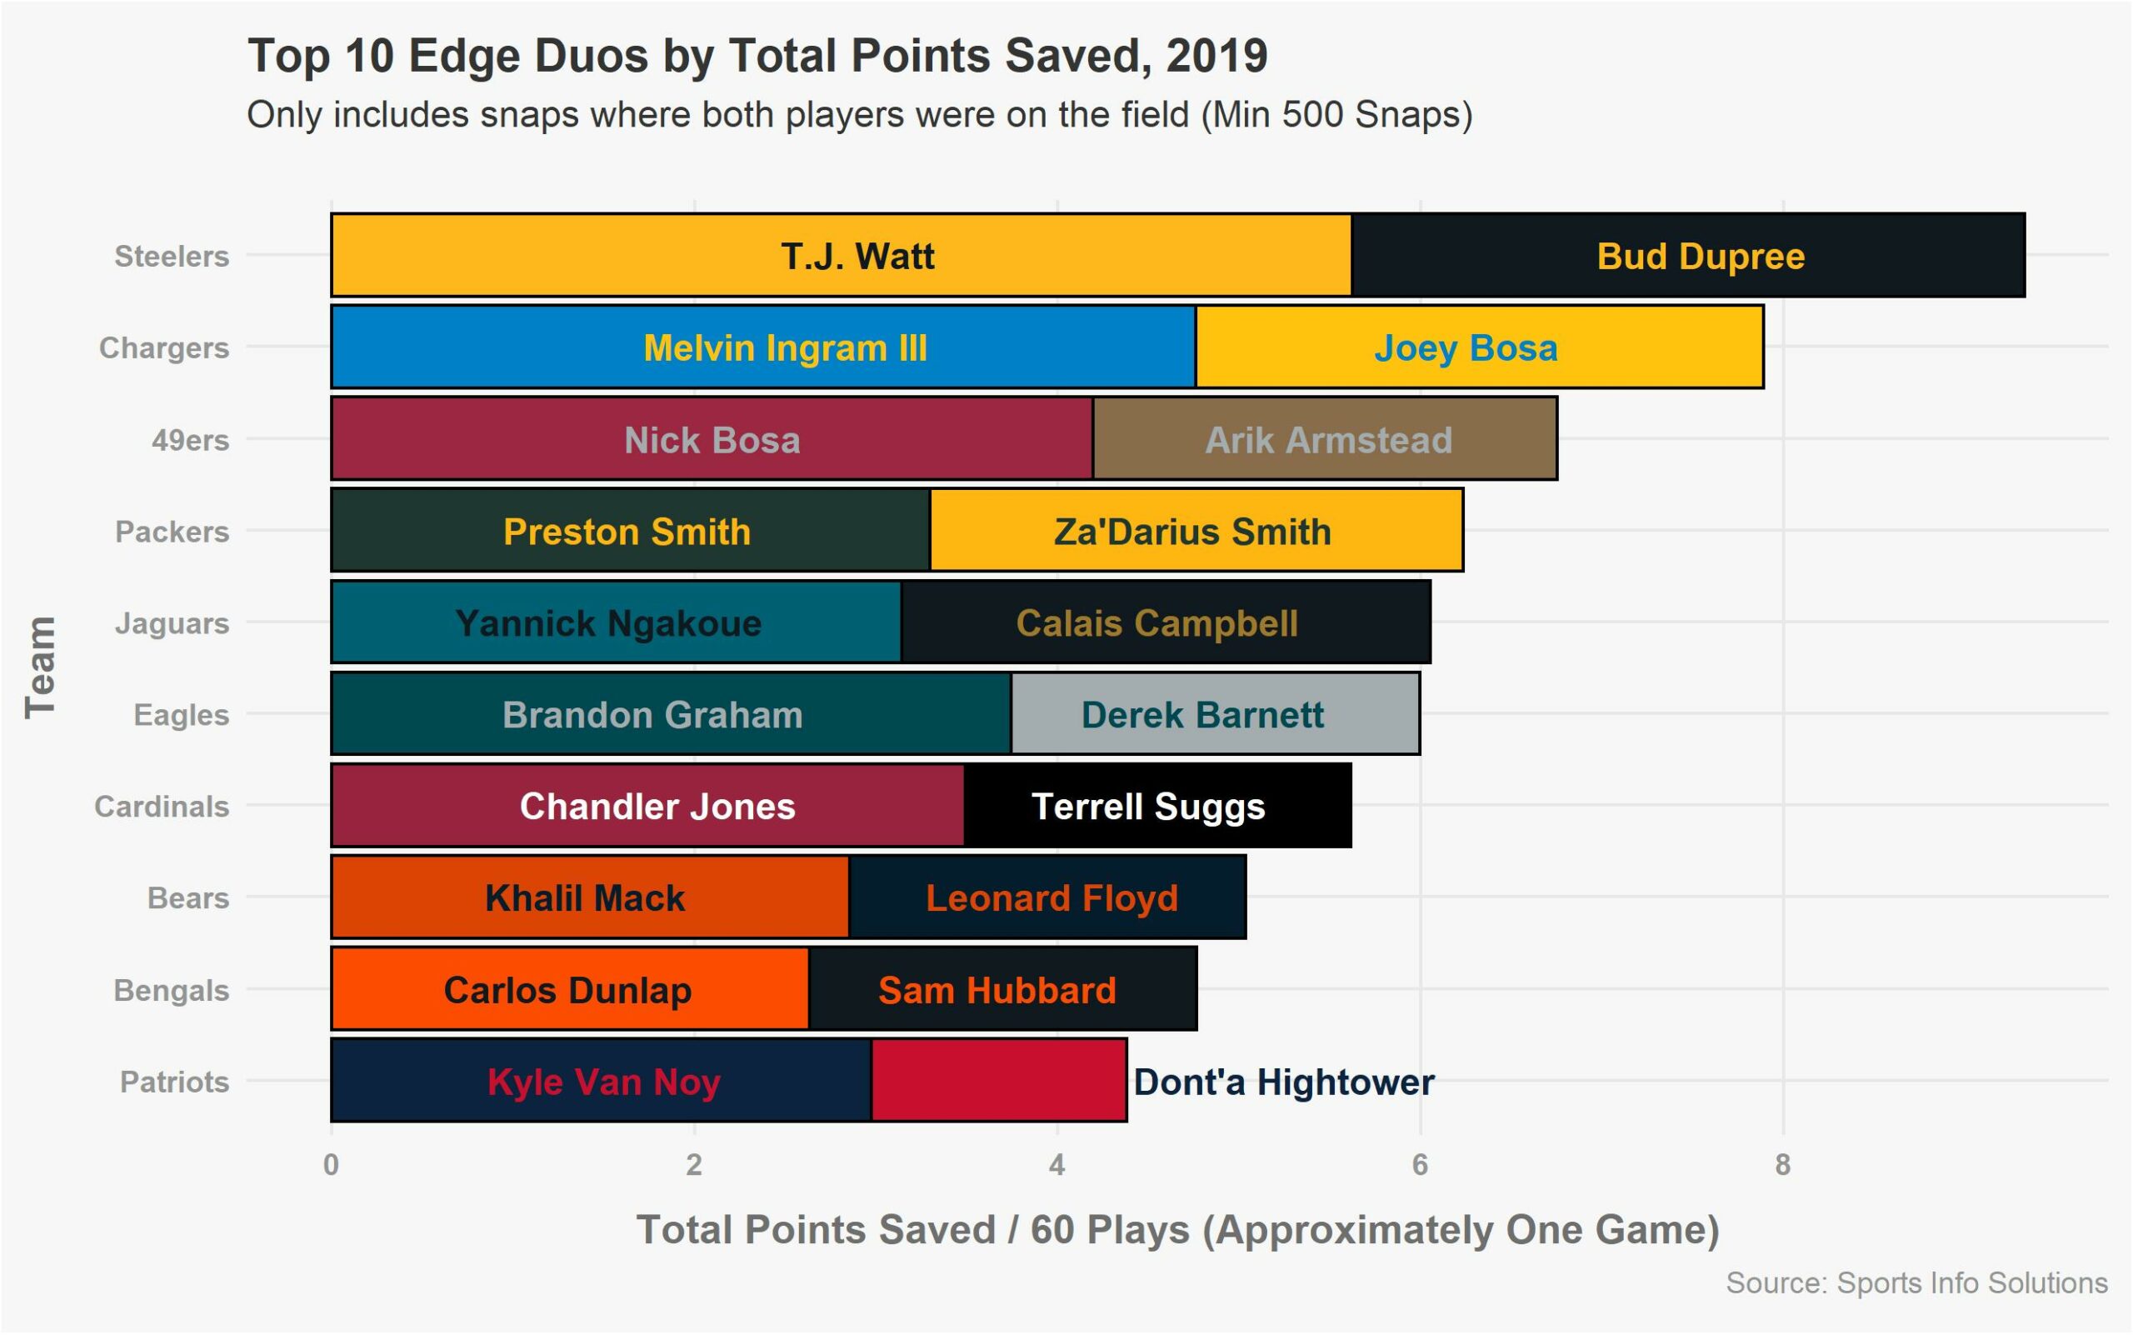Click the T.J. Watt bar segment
(841, 255)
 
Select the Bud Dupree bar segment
(1687, 255)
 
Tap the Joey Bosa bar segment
(1479, 347)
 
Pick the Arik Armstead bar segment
(1324, 439)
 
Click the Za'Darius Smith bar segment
(1196, 531)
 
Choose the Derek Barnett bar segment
(1215, 714)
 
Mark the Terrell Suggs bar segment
(1156, 806)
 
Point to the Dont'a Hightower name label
(1284, 1082)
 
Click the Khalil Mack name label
(584, 899)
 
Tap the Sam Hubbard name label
(997, 991)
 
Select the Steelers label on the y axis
(172, 256)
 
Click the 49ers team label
(190, 440)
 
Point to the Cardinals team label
(162, 807)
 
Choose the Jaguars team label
(172, 623)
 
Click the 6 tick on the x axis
(1420, 1166)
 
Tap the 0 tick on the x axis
(331, 1166)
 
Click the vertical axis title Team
(41, 667)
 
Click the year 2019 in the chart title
(1216, 56)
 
